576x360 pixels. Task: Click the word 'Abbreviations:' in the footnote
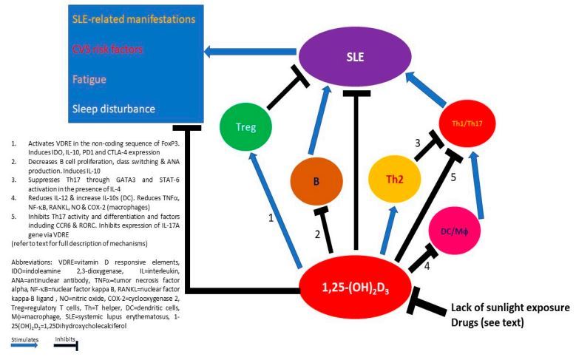[x=31, y=262]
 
